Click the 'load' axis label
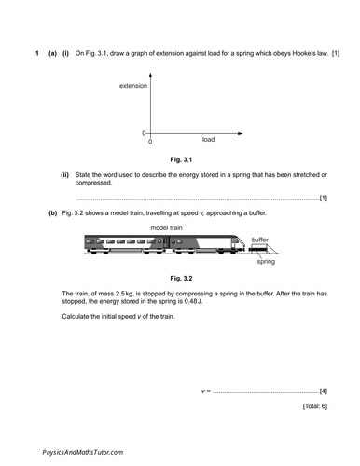208,139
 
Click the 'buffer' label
260,240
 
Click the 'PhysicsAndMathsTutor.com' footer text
83,451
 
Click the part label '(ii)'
64,175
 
